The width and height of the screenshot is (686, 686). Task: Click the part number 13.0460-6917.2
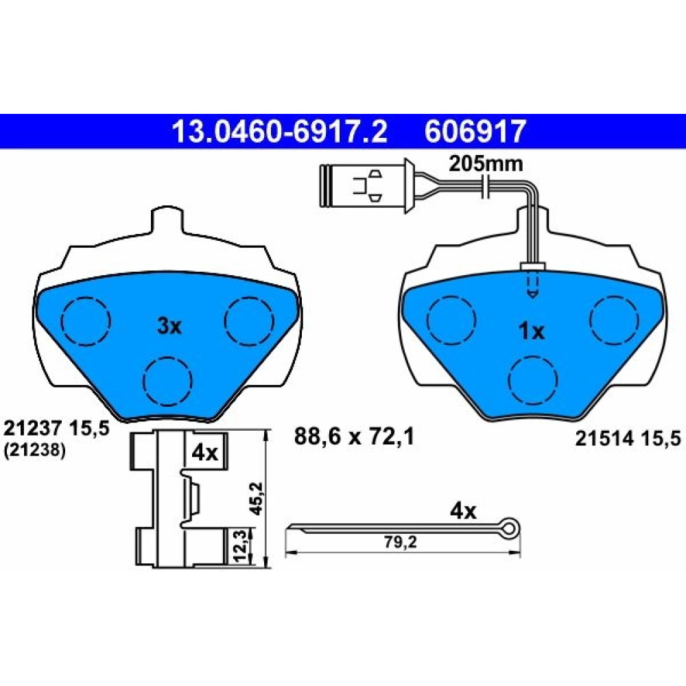click(x=280, y=132)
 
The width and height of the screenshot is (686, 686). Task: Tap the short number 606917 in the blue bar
click(x=475, y=132)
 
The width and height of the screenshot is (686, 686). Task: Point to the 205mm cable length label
click(x=486, y=165)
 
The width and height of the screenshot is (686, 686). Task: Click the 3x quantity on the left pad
click(x=169, y=326)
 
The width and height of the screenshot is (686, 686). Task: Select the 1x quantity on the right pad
click(x=532, y=331)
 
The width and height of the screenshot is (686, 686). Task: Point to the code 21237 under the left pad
click(x=32, y=429)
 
